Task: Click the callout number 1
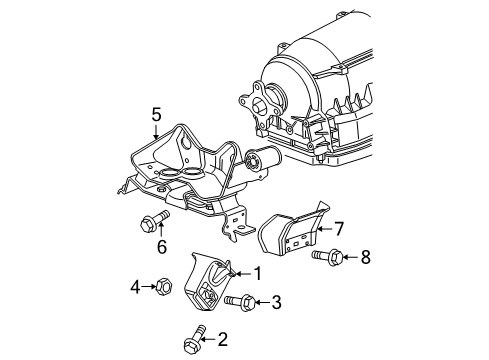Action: (258, 273)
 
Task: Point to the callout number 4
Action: (135, 289)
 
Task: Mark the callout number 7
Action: (339, 230)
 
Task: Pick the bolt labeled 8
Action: (328, 258)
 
